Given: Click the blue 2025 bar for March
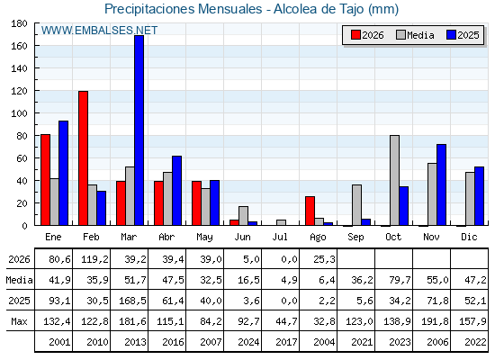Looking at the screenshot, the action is coord(139,130).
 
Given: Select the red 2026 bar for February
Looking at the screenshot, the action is coord(83,158).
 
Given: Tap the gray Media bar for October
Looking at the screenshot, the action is coord(395,180).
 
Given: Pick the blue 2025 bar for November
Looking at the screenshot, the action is coord(441,184).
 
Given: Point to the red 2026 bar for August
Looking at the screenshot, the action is coord(310,211).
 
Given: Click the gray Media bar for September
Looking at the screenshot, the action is coord(356,205).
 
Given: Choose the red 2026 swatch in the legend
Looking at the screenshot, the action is coord(355,35).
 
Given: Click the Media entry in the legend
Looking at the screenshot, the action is coord(415,35).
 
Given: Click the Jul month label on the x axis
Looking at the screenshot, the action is coord(280,237).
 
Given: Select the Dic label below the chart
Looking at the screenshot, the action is coord(469,237).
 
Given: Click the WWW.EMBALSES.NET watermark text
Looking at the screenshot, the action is coord(99,31).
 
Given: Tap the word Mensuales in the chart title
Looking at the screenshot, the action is coord(229,9).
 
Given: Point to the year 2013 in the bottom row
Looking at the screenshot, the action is coord(135,342).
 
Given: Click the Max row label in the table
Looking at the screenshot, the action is coord(19,321).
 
